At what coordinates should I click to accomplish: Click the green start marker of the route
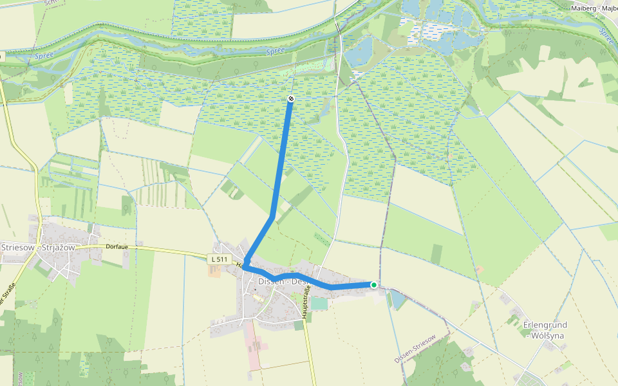point(373,284)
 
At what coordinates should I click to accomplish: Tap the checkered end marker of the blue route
point(291,98)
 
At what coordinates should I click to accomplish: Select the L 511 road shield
point(220,259)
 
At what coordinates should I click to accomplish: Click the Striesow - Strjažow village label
point(39,247)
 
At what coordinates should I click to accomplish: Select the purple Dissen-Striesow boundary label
point(415,349)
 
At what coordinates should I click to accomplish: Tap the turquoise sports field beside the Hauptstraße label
point(319,303)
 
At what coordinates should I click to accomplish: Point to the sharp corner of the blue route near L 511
point(245,264)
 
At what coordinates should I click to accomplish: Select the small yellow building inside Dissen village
point(257,299)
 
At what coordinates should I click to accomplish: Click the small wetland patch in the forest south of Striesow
point(84,368)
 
